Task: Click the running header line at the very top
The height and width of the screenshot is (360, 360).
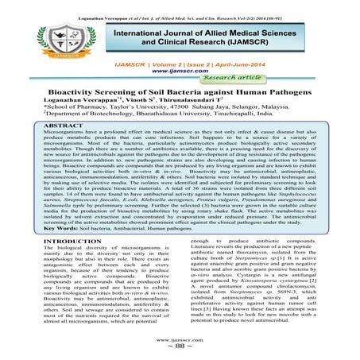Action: click(x=180, y=5)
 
